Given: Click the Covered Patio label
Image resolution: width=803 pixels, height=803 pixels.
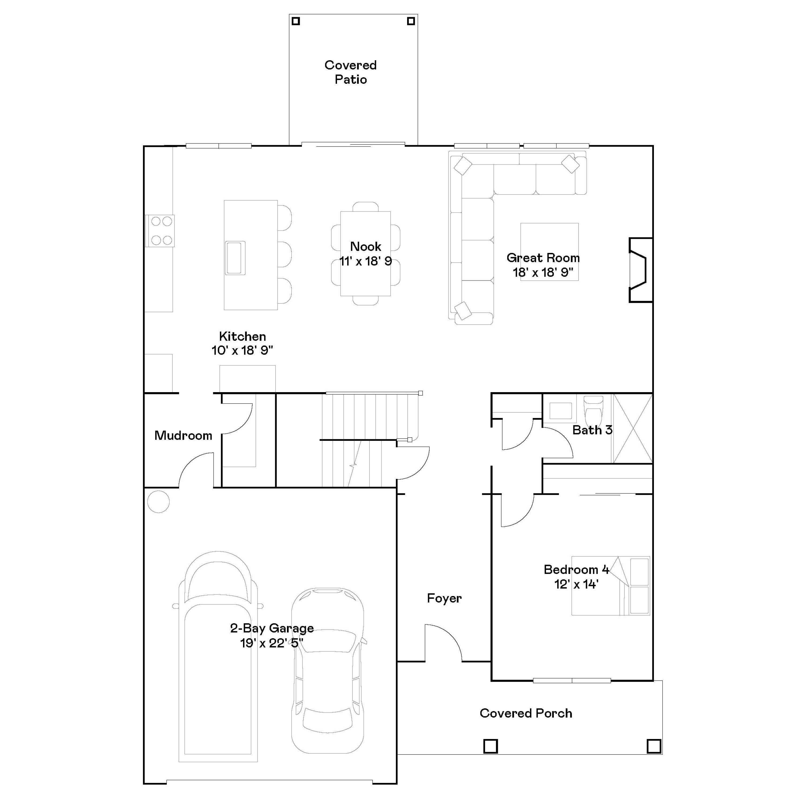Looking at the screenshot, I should (x=350, y=72).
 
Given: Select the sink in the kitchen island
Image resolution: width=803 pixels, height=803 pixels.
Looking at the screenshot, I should (x=235, y=258).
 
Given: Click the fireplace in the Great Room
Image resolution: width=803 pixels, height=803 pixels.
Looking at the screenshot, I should (x=640, y=270).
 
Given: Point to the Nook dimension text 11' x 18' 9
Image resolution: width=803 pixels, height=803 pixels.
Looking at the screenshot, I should (x=365, y=262).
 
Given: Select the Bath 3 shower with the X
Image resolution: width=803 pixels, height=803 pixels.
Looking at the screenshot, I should (x=632, y=429).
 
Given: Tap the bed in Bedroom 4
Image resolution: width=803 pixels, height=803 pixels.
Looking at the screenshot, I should (x=610, y=586).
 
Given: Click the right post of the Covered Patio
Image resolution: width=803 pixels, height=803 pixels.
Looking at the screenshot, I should (x=411, y=21).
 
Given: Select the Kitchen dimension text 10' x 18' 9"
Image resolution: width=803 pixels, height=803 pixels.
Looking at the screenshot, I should (x=242, y=350).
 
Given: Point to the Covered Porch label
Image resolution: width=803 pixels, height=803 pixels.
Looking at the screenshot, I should (x=526, y=713).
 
